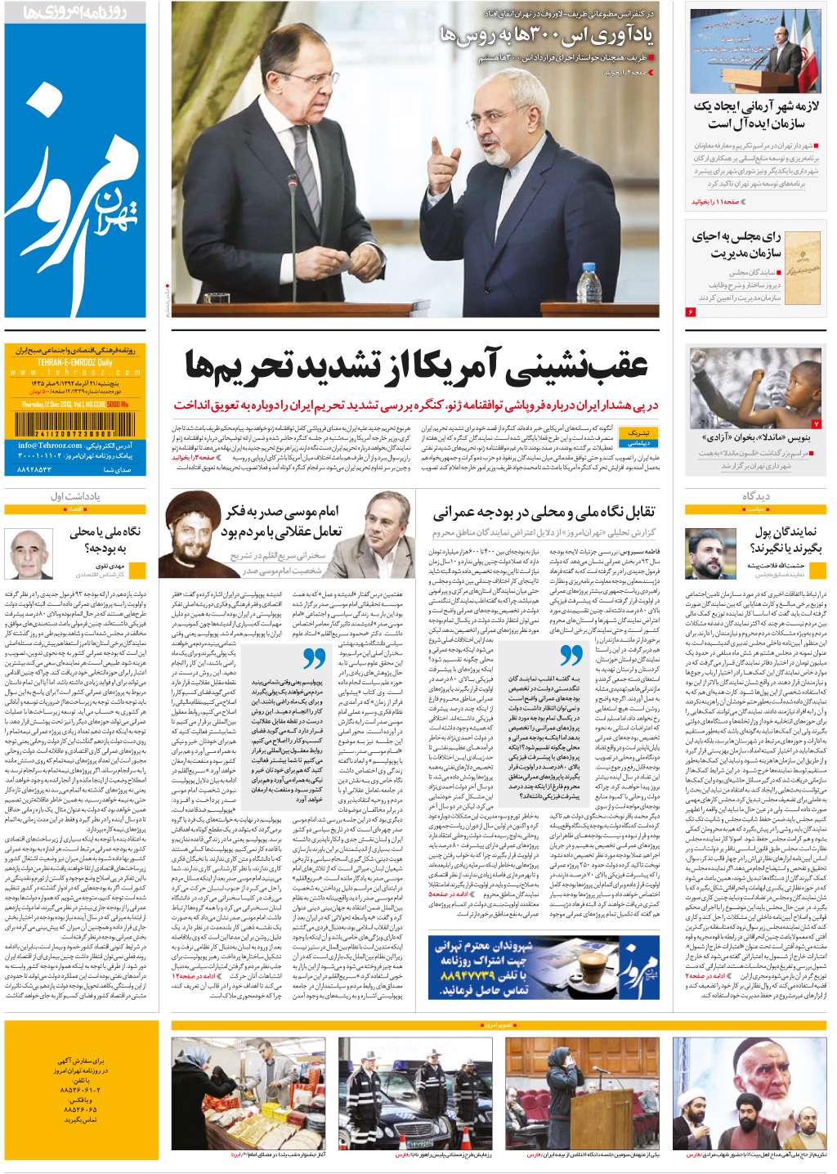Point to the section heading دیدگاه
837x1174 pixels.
click(x=757, y=496)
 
